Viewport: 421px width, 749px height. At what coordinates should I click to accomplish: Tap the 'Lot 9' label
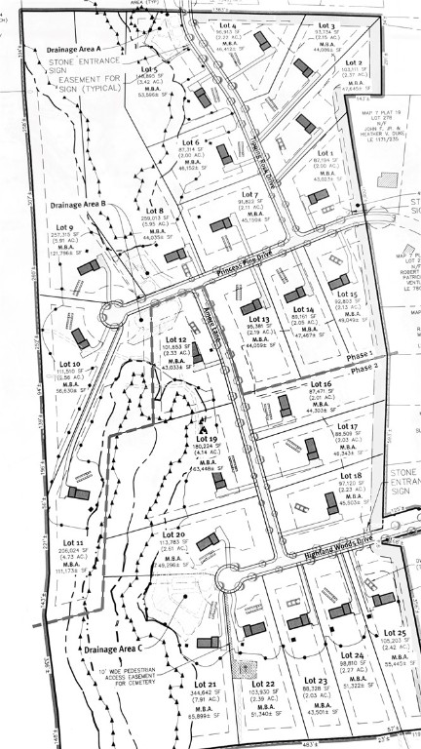(x=64, y=227)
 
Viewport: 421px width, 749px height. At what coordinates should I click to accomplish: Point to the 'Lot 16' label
(x=321, y=385)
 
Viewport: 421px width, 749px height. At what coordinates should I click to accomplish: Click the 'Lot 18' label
(x=351, y=474)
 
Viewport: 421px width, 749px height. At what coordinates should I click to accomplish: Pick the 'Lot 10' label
(x=69, y=364)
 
